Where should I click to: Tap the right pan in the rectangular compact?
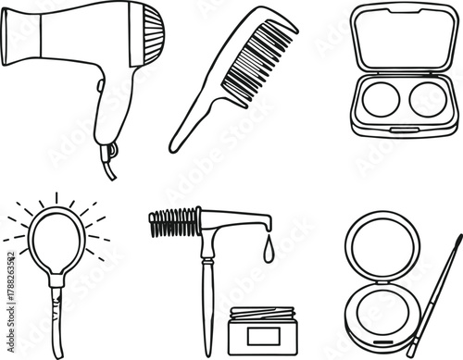[427, 99]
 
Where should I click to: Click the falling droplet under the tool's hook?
[268, 251]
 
